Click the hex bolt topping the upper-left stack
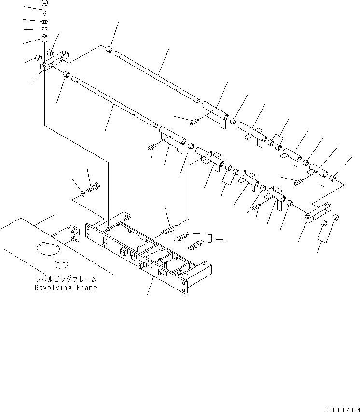click(x=45, y=9)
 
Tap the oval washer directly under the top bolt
click(x=44, y=22)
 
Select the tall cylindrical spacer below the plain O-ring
click(x=45, y=38)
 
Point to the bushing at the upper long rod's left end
click(x=110, y=49)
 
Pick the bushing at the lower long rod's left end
click(x=67, y=75)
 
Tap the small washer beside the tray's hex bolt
click(x=83, y=194)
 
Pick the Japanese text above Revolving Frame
click(x=65, y=279)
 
